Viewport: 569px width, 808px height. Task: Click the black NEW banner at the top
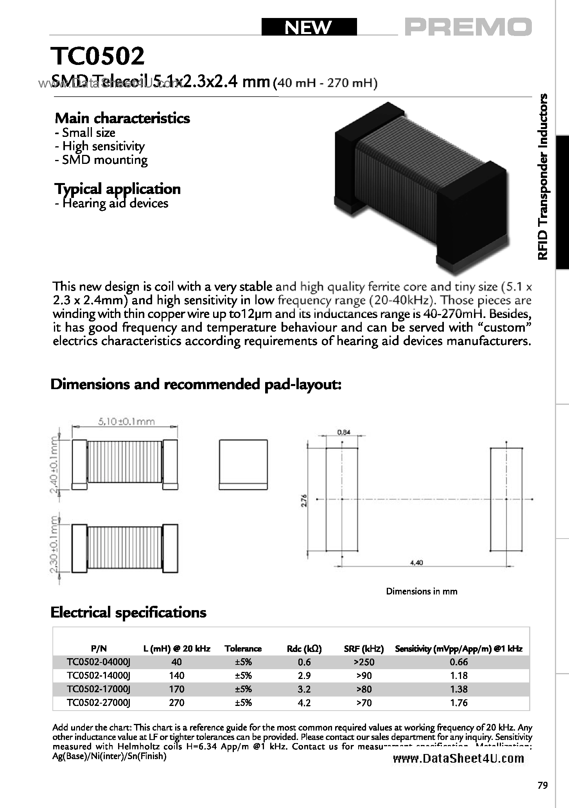coord(309,27)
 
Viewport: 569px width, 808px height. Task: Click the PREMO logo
coord(468,27)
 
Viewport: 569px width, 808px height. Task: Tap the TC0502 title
coord(98,57)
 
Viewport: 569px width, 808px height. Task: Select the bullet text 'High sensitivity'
coord(103,146)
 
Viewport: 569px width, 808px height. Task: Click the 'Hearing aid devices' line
coord(111,203)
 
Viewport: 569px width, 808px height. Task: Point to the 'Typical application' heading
coord(117,189)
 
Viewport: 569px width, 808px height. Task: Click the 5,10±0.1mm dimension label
coord(126,422)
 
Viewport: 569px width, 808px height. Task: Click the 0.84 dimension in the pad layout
coord(343,432)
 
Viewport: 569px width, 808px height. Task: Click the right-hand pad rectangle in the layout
coord(506,499)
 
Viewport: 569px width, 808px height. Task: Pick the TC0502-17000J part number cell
coord(98,689)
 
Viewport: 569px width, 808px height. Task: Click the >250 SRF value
coord(364,662)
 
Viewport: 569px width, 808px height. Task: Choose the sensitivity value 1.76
coord(459,703)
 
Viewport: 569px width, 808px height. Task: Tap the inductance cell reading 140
coord(177,675)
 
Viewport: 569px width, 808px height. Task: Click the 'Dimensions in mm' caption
coord(422,591)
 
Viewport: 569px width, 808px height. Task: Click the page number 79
coord(542,785)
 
